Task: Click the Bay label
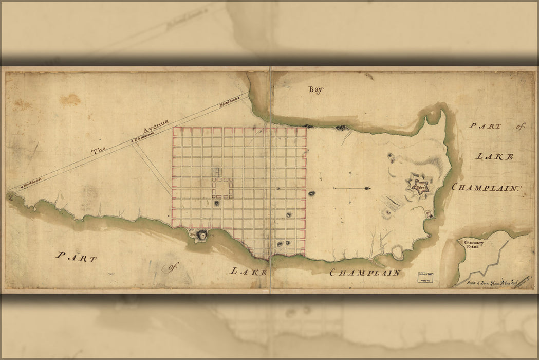[x=315, y=89]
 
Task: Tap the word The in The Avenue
[x=99, y=151]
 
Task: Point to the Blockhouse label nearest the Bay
[x=229, y=103]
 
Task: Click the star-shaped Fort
[x=419, y=186]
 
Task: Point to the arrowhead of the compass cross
[x=366, y=189]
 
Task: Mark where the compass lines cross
[x=349, y=189]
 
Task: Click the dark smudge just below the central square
[x=217, y=204]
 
